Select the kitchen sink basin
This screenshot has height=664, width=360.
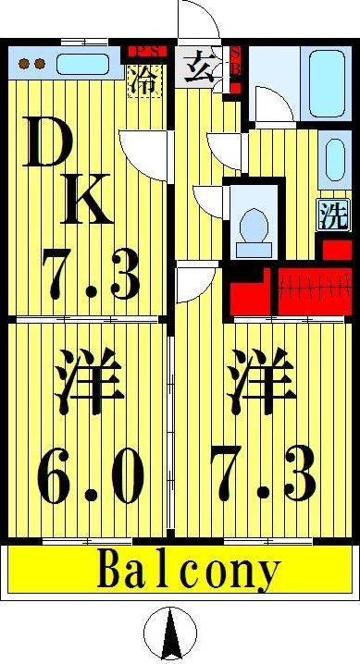(81, 65)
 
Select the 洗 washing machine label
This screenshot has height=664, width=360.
(334, 215)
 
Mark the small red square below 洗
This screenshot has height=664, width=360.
(334, 248)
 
